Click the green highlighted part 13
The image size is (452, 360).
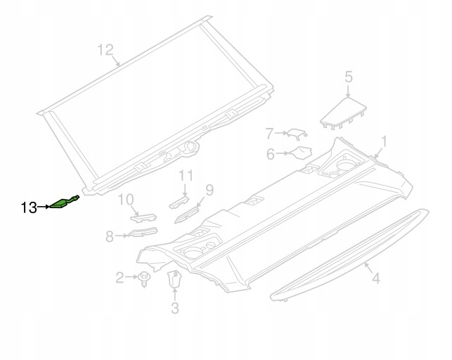[x=64, y=202]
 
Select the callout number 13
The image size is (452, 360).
[x=29, y=207]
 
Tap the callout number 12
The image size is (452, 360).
[x=105, y=50]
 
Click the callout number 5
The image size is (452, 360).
[x=349, y=77]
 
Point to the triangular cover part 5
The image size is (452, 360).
[x=343, y=114]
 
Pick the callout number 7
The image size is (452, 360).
[x=269, y=134]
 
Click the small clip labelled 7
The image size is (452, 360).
[x=297, y=134]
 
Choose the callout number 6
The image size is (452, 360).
[x=271, y=154]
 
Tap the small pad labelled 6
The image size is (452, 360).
[x=301, y=153]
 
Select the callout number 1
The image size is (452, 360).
[x=385, y=143]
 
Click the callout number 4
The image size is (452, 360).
[x=376, y=278]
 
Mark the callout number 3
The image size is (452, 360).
[x=175, y=307]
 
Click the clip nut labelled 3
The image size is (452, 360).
[x=174, y=278]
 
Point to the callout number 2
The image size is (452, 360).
[x=120, y=278]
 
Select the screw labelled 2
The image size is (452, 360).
[x=143, y=278]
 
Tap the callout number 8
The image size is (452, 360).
[x=110, y=236]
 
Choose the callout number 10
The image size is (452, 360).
[x=126, y=200]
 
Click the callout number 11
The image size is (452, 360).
[x=186, y=176]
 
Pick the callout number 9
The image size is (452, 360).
[x=209, y=191]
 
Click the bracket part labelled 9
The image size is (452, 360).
[x=187, y=215]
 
